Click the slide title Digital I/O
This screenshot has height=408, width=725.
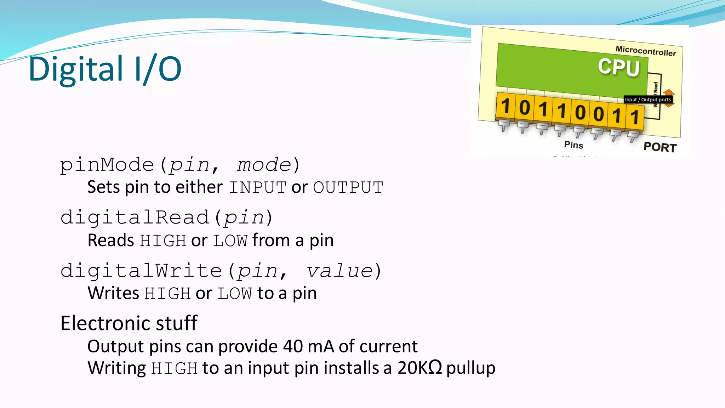coord(105,69)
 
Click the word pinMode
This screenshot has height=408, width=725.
coord(107,165)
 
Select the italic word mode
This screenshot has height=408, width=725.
coord(264,165)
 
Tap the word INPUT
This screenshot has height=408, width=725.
coord(257,187)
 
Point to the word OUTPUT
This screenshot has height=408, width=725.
coord(348,187)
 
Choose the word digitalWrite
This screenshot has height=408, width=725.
coord(141,271)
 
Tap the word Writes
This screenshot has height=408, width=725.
coord(113,293)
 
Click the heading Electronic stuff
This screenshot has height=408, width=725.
coord(129,323)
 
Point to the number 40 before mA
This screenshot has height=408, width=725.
coord(293,346)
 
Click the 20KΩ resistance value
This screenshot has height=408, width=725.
coord(419,368)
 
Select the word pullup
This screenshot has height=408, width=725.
coord(470,368)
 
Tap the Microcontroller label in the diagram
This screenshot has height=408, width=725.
coord(646,51)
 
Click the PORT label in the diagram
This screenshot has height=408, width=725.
coord(660,147)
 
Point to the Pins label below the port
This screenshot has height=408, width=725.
coord(573,144)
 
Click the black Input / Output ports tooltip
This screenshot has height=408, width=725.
coord(648,100)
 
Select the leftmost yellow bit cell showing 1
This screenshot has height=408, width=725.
coord(506,106)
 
